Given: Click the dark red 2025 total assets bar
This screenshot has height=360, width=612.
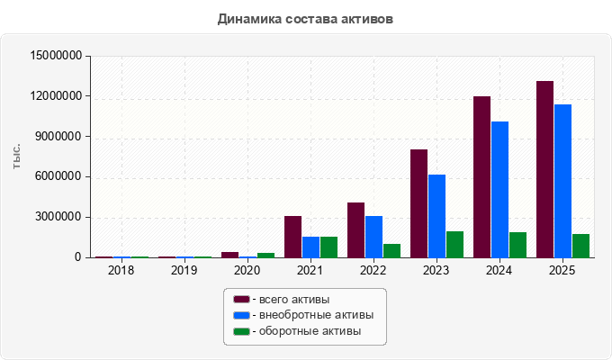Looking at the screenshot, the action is (544, 169).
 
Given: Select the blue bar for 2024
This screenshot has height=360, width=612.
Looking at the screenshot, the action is (500, 190).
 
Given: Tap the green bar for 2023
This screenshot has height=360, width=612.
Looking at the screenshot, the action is (455, 245).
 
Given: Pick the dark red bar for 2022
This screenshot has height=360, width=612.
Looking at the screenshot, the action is (356, 230).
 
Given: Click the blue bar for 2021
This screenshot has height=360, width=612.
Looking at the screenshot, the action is (311, 247).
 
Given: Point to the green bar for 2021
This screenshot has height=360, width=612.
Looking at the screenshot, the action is (329, 247).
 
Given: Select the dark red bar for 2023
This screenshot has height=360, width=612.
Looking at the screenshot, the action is (419, 203).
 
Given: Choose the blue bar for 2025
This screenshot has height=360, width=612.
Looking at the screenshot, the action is (562, 181).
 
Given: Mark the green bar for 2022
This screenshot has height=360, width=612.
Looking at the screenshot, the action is (391, 251).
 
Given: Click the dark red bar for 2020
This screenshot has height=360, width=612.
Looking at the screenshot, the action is (229, 255).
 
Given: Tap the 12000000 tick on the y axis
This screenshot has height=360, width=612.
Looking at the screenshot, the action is (56, 96).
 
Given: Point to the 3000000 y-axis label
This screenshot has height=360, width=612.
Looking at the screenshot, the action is (58, 217).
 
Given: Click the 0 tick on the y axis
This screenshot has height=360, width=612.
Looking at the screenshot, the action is (78, 257).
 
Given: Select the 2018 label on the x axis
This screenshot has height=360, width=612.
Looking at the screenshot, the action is (121, 270).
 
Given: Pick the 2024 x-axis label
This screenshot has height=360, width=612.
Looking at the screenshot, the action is (499, 270).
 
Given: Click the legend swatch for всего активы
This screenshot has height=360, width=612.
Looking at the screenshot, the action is (241, 300).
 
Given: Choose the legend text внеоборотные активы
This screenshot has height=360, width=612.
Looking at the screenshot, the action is (317, 315).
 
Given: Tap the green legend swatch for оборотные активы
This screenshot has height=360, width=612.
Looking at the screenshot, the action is (241, 331).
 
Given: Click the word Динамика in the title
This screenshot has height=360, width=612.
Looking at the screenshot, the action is (249, 19).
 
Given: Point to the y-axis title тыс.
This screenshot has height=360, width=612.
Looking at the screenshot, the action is (16, 157).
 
